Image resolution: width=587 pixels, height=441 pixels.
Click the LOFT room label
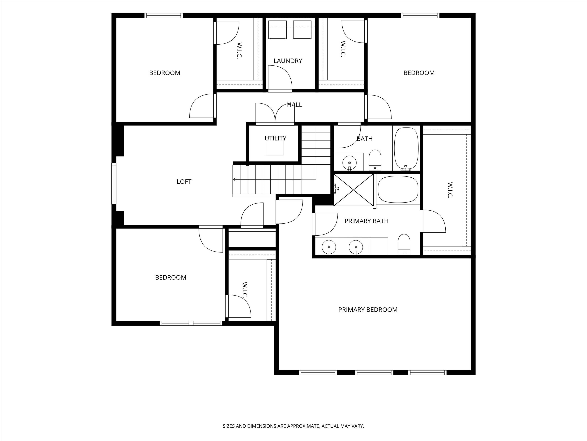coord(184,182)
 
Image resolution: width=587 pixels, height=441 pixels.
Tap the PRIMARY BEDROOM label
coord(368,310)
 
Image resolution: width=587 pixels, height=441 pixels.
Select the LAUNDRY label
coord(288,61)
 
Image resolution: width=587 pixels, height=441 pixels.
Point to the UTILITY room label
coord(276,138)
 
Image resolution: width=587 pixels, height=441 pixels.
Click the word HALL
coord(295,105)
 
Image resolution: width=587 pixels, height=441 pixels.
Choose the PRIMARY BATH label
coord(366,221)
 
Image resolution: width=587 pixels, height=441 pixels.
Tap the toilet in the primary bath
coord(404,244)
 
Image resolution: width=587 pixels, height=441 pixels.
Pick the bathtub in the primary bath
coord(398,189)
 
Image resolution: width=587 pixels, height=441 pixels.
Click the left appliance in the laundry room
coord(277,29)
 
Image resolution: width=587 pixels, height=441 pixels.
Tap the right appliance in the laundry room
coord(302,29)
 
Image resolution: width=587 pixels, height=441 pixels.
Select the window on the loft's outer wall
coord(114,183)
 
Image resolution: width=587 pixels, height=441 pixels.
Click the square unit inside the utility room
coord(275,147)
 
